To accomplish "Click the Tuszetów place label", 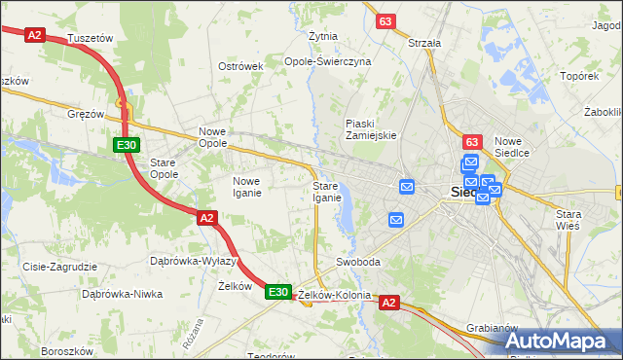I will pos(92,38).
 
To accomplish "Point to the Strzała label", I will pos(424,43).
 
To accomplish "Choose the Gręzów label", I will pos(86,114).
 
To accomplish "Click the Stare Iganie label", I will pos(326,192).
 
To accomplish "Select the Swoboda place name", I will pos(357,263).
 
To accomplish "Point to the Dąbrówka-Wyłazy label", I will pos(194,261).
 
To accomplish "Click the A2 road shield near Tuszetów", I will pos(35,34).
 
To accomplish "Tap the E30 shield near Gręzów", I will pos(125,145).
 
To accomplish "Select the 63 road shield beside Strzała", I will pos(386,20).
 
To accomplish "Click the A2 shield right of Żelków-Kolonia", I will pos(389,304).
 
